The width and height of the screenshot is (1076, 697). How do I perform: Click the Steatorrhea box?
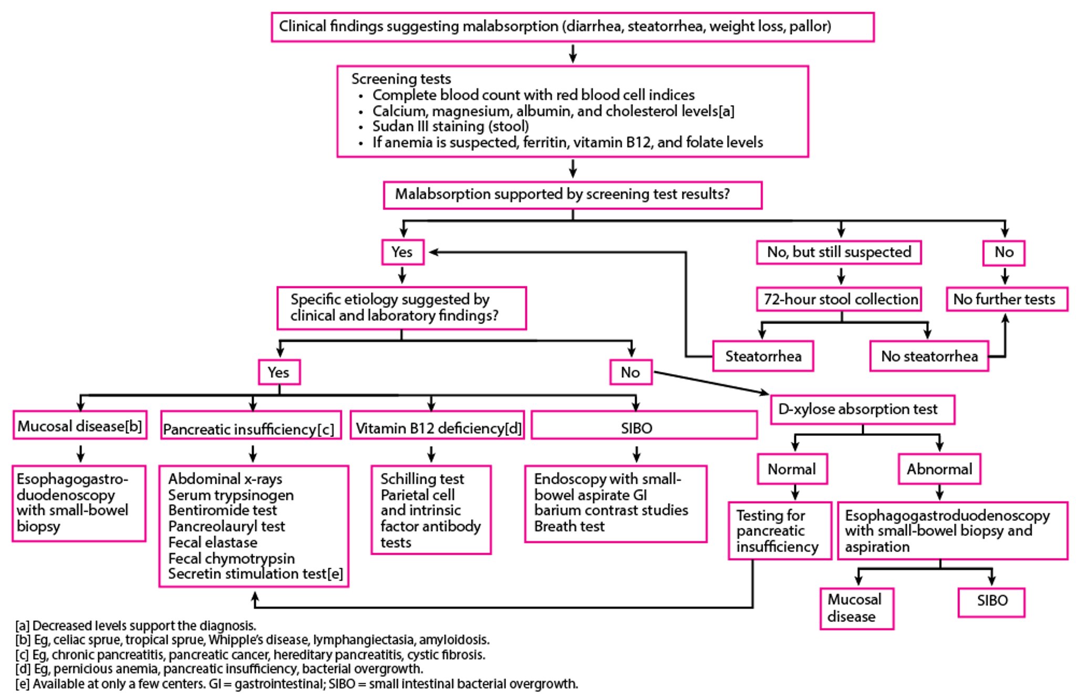tap(763, 356)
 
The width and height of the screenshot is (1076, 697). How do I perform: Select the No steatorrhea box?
tap(929, 356)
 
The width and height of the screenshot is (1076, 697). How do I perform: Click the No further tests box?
tap(1007, 299)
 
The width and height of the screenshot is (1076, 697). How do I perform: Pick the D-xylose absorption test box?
tap(862, 409)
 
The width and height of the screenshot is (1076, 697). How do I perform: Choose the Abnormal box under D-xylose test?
tap(939, 469)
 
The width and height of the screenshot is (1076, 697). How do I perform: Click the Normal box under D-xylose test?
tap(792, 469)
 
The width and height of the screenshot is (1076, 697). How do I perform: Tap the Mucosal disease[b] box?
tap(80, 425)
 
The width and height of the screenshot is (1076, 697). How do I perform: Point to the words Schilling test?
tap(422, 479)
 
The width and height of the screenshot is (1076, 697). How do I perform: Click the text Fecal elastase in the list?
tap(213, 542)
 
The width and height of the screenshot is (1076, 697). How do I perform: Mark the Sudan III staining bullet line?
tap(450, 126)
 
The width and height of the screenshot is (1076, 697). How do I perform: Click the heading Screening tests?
tap(401, 79)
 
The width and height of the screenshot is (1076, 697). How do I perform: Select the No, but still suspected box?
tap(839, 252)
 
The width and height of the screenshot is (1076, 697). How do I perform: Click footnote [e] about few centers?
tap(297, 684)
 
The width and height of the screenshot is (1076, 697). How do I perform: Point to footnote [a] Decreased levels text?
tap(136, 626)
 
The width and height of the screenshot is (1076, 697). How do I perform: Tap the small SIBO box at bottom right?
tap(991, 601)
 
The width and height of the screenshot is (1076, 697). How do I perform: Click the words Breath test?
tap(569, 526)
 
